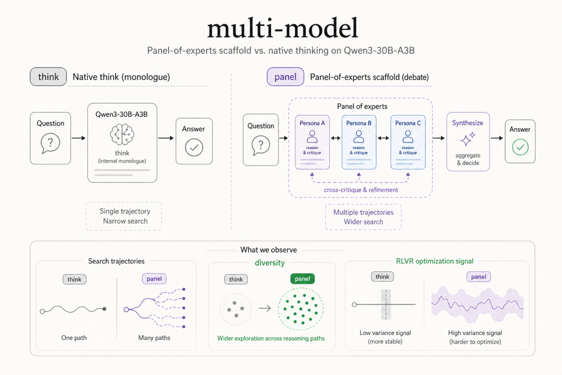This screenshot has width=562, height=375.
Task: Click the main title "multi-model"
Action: click(x=282, y=28)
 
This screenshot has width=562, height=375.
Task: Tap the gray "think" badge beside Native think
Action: click(x=48, y=77)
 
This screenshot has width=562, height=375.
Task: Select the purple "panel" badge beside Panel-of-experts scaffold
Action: click(x=285, y=77)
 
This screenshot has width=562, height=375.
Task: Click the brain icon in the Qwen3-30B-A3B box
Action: click(x=122, y=134)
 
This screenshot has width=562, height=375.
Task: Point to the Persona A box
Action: click(x=312, y=142)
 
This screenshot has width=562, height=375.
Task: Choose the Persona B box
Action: click(x=358, y=142)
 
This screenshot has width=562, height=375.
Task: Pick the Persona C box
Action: click(x=408, y=142)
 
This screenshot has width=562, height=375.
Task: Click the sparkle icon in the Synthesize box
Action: click(x=468, y=139)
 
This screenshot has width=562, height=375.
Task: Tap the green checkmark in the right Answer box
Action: click(x=520, y=147)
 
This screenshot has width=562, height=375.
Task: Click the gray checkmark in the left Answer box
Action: click(x=194, y=147)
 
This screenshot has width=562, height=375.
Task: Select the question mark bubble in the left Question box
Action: click(x=50, y=143)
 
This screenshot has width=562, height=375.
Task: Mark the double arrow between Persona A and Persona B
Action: click(x=335, y=138)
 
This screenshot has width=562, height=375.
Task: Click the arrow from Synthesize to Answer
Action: click(x=497, y=138)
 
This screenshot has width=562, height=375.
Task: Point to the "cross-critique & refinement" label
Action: click(x=360, y=190)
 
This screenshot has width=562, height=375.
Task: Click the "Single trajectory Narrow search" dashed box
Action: click(x=124, y=216)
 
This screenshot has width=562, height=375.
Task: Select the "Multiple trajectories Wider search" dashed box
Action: click(x=363, y=217)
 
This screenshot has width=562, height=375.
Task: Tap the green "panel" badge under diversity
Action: click(x=302, y=279)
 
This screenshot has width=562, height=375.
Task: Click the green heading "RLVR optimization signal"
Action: click(x=435, y=261)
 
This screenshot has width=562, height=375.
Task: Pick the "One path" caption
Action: click(x=74, y=337)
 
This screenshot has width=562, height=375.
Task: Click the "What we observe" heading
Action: click(x=269, y=250)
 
